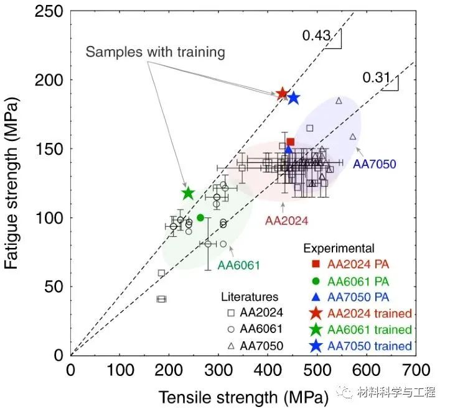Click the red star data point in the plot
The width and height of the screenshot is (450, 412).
pyautogui.click(x=282, y=94)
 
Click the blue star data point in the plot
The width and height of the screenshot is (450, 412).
pyautogui.click(x=293, y=98)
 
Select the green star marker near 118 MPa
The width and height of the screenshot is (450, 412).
pyautogui.click(x=188, y=193)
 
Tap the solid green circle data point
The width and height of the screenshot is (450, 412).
pyautogui.click(x=200, y=217)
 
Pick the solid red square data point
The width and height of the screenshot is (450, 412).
pyautogui.click(x=291, y=142)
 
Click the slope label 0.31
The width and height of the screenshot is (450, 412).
pyautogui.click(x=376, y=78)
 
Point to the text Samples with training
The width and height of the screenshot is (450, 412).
pyautogui.click(x=155, y=52)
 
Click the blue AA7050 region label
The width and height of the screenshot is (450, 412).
pyautogui.click(x=374, y=165)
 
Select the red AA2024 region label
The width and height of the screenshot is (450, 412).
pyautogui.click(x=287, y=220)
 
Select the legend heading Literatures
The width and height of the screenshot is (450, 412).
pyautogui.click(x=251, y=297)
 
